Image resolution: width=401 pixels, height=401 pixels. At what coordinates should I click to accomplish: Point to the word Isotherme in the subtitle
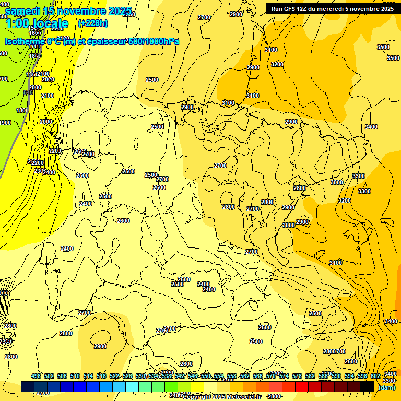pyautogui.click(x=24, y=41)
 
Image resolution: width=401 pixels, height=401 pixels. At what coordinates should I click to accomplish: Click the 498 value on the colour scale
pyautogui.click(x=36, y=376)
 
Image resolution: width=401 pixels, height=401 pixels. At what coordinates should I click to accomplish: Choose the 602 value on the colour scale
pyautogui.click(x=375, y=376)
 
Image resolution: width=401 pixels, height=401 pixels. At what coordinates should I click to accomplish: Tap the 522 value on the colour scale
pyautogui.click(x=114, y=376)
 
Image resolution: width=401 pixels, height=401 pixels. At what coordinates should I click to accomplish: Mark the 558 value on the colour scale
pyautogui.click(x=232, y=376)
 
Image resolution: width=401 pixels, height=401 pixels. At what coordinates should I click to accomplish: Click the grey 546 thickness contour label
pyautogui.click(x=28, y=92)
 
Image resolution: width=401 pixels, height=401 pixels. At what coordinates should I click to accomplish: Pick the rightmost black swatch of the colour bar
pyautogui.click(x=367, y=386)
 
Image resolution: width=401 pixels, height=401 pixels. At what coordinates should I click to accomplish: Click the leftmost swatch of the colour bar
pyautogui.click(x=28, y=386)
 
